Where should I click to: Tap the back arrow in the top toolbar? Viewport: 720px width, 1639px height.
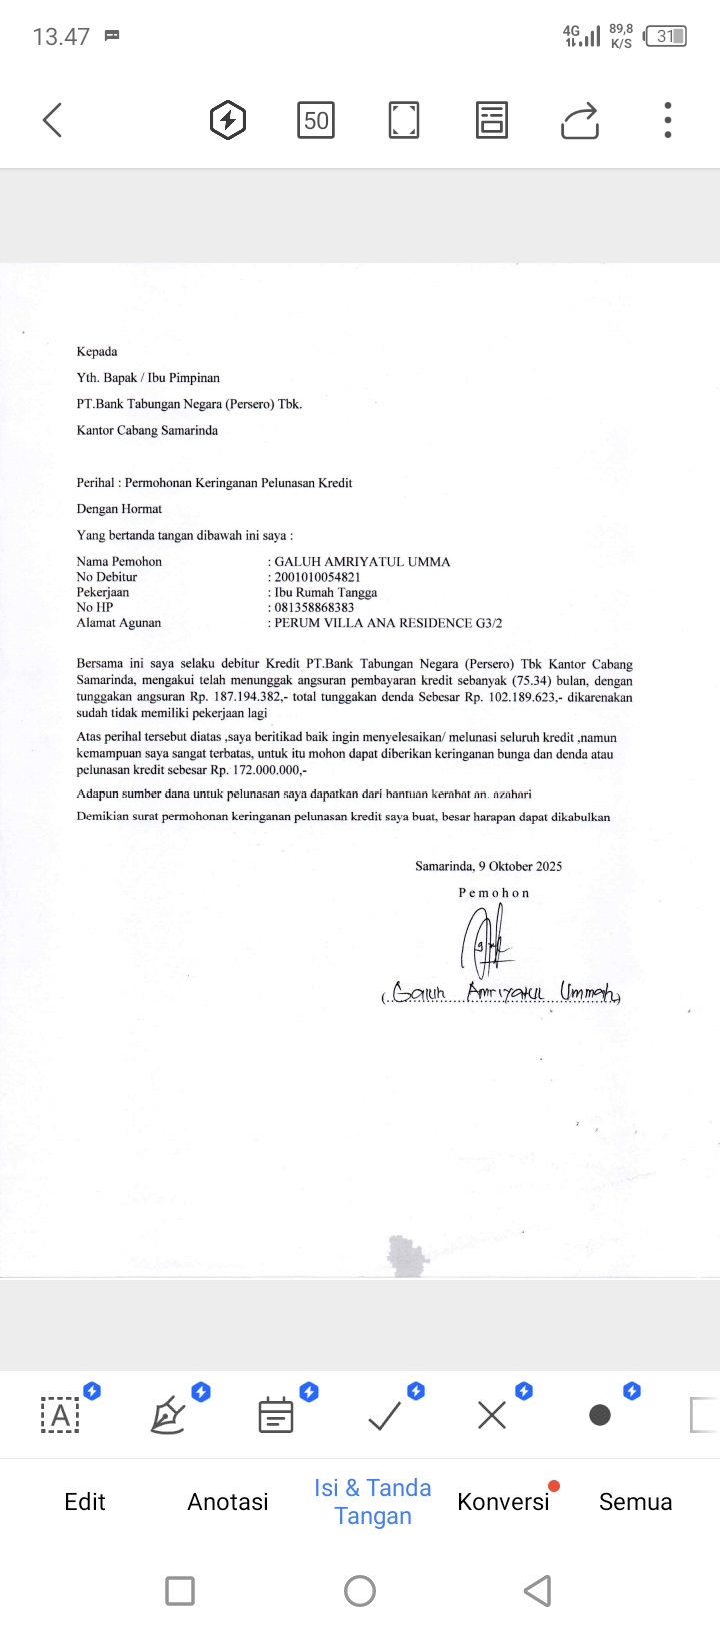53,120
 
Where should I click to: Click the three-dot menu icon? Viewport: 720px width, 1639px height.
668,120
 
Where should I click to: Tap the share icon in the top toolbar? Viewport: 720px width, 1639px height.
580,121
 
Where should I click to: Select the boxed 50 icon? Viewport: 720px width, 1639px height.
316,121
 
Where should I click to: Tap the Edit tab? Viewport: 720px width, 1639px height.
84,1501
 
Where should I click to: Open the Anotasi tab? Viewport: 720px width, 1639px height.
228,1501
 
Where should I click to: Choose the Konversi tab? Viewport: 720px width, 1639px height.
503,1501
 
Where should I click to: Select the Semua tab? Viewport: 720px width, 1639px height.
635,1501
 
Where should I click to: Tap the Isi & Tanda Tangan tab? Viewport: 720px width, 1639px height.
373,1501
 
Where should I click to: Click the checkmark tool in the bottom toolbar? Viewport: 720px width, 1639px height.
384,1415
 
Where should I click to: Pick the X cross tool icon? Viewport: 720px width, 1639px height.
492,1415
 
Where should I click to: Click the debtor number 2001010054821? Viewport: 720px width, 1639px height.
317,577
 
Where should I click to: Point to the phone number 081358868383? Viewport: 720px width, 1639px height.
314,607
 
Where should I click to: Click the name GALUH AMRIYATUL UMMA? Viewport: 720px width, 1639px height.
362,562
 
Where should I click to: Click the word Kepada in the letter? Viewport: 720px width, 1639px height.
97,352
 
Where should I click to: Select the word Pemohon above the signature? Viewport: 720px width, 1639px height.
494,893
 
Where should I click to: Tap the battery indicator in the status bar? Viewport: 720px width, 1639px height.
667,37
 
